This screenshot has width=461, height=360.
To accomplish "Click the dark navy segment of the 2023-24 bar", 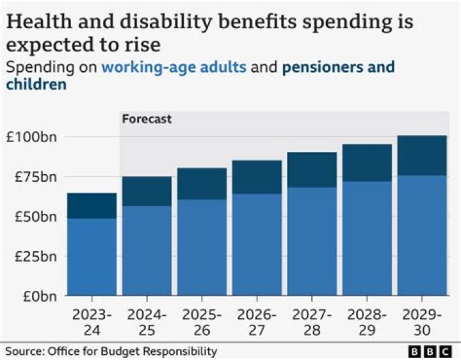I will point(92,206).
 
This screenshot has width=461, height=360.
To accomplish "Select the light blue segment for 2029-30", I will point(421,235).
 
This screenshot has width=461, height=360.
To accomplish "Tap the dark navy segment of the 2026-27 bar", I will point(257,177).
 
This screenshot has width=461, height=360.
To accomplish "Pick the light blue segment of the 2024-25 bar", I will point(147,250).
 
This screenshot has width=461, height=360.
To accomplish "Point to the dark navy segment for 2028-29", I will point(366,163).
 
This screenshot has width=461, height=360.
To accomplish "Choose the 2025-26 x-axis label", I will point(202,323).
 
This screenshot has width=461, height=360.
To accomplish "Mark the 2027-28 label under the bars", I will point(312,323).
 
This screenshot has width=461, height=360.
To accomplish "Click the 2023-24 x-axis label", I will point(92,323).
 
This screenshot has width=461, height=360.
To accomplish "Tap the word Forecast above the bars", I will point(147,119).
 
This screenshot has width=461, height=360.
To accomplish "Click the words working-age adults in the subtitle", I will point(174,67).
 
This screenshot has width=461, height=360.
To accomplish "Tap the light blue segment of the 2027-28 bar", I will point(312,241).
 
